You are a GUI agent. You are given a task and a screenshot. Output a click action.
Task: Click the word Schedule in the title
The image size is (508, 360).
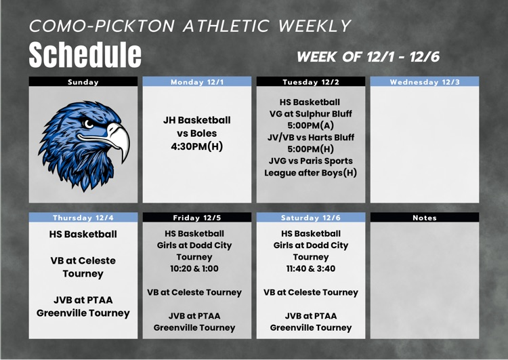[85, 55]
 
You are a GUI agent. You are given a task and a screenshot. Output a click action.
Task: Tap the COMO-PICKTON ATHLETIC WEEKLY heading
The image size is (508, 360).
[190, 26]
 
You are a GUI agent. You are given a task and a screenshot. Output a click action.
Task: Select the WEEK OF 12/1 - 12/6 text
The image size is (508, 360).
[368, 57]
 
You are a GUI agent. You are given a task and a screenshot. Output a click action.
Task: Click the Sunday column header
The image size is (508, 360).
[83, 82]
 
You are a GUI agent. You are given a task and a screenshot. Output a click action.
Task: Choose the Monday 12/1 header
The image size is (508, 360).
[197, 82]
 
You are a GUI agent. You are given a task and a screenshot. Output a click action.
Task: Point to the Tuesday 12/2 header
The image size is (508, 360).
[311, 82]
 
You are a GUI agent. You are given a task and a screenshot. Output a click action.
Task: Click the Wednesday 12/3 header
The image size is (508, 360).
[425, 82]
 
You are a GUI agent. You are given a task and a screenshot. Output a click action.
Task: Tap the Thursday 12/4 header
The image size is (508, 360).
[83, 218]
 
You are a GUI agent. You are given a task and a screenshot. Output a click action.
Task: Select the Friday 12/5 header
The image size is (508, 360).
[197, 218]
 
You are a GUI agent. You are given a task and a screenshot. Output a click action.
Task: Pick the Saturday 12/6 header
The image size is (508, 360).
[311, 218]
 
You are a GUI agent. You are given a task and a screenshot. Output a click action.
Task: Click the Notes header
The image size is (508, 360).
[425, 218]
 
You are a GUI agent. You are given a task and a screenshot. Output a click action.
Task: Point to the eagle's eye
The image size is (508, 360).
[91, 124]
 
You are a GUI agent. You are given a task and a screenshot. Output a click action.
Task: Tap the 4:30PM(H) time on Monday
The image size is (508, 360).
[197, 146]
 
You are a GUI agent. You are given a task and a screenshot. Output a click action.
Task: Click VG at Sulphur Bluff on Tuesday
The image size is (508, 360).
[311, 114]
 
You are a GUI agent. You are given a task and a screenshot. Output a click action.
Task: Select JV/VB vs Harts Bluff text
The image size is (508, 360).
[311, 137]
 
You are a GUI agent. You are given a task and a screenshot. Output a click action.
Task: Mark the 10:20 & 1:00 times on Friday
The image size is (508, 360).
[194, 268]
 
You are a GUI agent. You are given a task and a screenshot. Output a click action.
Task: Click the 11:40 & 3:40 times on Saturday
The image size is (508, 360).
[311, 268]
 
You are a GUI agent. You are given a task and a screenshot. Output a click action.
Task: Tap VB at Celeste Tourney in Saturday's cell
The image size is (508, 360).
[311, 292]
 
